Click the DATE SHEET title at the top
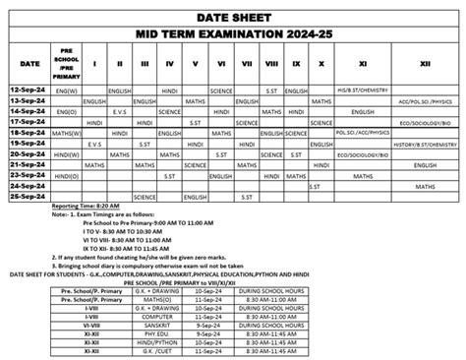(x=233, y=16)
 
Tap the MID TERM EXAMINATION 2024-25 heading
(x=233, y=35)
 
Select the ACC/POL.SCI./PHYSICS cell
(x=425, y=100)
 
